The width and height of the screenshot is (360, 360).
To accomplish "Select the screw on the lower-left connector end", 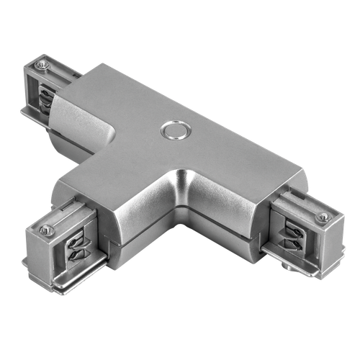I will click(48, 230).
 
